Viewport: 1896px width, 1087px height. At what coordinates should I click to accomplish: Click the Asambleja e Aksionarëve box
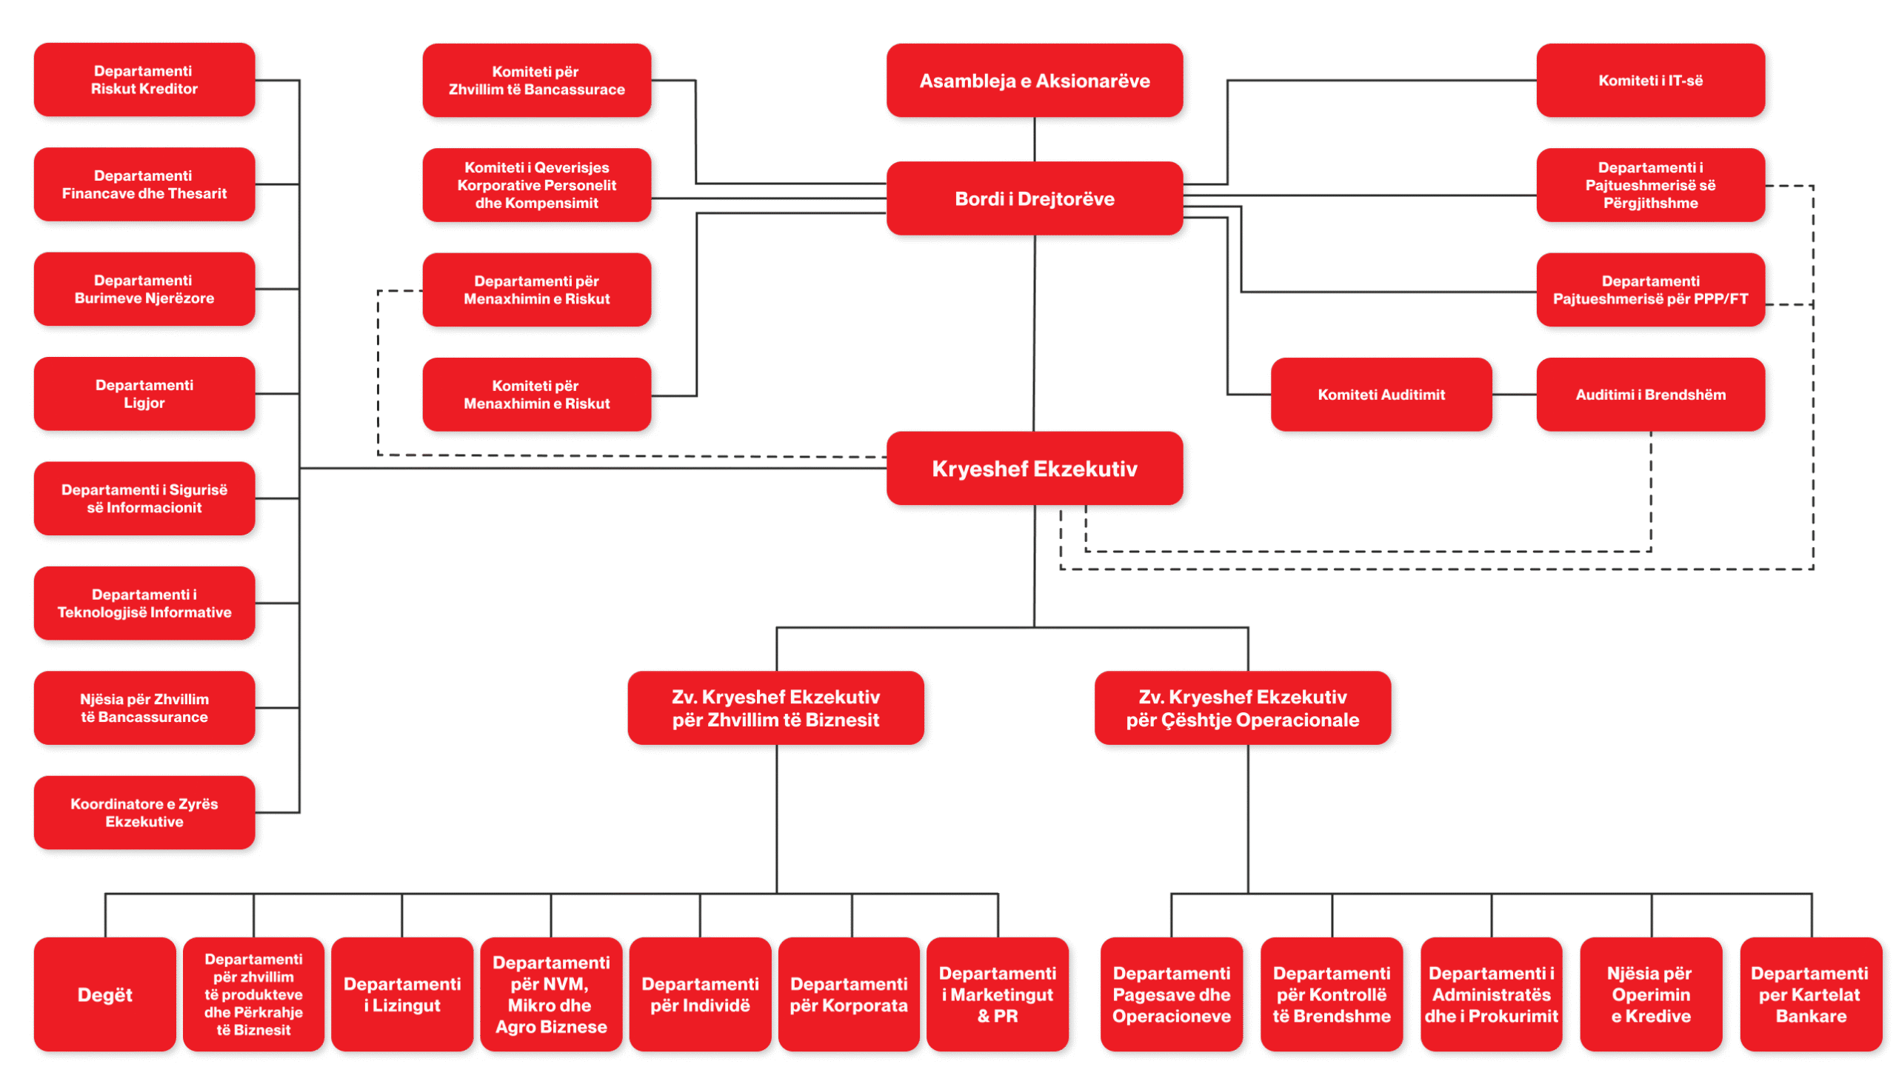click(x=1034, y=81)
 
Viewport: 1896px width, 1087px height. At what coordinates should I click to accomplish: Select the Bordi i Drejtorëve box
click(x=1034, y=198)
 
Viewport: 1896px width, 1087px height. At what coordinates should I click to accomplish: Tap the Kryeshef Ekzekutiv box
click(x=1034, y=469)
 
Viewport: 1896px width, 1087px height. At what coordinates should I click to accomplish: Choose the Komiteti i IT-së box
click(x=1650, y=81)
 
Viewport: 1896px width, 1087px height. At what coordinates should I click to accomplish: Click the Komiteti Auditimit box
click(x=1381, y=395)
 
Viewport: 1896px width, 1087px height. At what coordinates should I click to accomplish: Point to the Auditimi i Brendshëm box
click(x=1650, y=395)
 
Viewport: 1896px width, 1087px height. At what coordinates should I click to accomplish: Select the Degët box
click(x=104, y=994)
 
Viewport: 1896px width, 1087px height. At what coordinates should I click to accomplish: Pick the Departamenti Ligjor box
click(x=144, y=394)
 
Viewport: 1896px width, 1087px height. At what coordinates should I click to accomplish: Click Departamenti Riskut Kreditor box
click(x=144, y=80)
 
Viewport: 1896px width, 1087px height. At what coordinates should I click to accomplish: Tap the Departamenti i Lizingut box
click(x=401, y=994)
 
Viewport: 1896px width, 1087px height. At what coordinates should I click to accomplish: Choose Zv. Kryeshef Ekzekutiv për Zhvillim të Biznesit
click(x=776, y=708)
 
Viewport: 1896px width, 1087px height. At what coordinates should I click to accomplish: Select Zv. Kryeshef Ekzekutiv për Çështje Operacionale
click(x=1243, y=708)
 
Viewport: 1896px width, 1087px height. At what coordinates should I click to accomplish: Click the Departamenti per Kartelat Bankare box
click(x=1810, y=994)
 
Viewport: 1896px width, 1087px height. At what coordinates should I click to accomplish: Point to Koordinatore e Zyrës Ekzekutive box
click(x=144, y=812)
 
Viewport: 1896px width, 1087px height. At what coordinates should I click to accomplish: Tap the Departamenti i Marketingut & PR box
click(x=997, y=994)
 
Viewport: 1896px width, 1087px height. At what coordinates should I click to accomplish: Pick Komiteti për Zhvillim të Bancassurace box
click(x=536, y=81)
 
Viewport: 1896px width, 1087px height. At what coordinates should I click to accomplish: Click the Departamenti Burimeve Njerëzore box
click(x=144, y=289)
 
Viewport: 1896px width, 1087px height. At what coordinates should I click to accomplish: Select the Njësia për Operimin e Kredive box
click(x=1650, y=994)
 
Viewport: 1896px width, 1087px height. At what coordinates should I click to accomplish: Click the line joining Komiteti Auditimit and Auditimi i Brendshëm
click(x=1515, y=395)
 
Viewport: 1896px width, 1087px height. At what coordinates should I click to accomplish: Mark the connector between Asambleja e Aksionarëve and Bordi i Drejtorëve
click(x=1034, y=140)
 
